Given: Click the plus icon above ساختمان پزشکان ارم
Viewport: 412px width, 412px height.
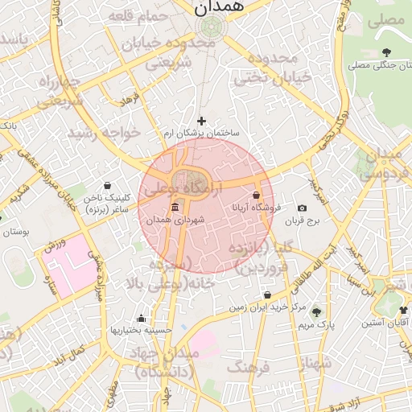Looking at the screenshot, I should click(x=201, y=121).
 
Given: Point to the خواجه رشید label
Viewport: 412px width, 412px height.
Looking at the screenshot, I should click(x=104, y=131).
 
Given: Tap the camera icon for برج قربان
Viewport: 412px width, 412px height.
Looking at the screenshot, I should click(x=302, y=208).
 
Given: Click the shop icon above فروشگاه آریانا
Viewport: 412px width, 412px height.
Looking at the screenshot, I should click(x=256, y=196).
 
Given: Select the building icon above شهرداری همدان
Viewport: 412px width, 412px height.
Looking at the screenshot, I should click(x=175, y=208).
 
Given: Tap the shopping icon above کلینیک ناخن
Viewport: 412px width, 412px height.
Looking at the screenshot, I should click(x=108, y=186).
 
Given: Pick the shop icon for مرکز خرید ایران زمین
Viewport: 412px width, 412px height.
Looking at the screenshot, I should click(x=267, y=296).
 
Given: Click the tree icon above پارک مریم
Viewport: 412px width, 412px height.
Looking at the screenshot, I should click(x=315, y=312).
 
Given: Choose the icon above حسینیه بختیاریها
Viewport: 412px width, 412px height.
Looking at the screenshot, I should click(x=142, y=318).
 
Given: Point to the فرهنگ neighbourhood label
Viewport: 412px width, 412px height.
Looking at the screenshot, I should click(x=249, y=368).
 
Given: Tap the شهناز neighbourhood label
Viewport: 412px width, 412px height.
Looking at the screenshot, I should click(x=314, y=363).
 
